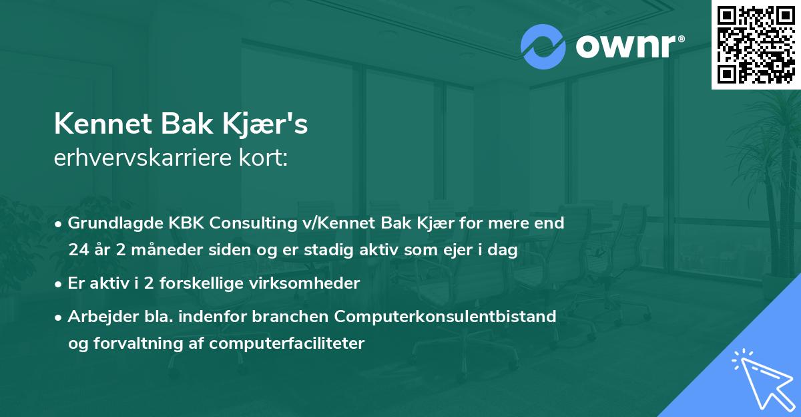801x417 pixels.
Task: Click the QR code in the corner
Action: pos(755,44)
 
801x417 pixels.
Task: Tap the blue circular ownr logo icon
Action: pos(543,47)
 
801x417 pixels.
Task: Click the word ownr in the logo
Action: pos(627,47)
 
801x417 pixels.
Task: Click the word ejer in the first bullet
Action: pos(450,250)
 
